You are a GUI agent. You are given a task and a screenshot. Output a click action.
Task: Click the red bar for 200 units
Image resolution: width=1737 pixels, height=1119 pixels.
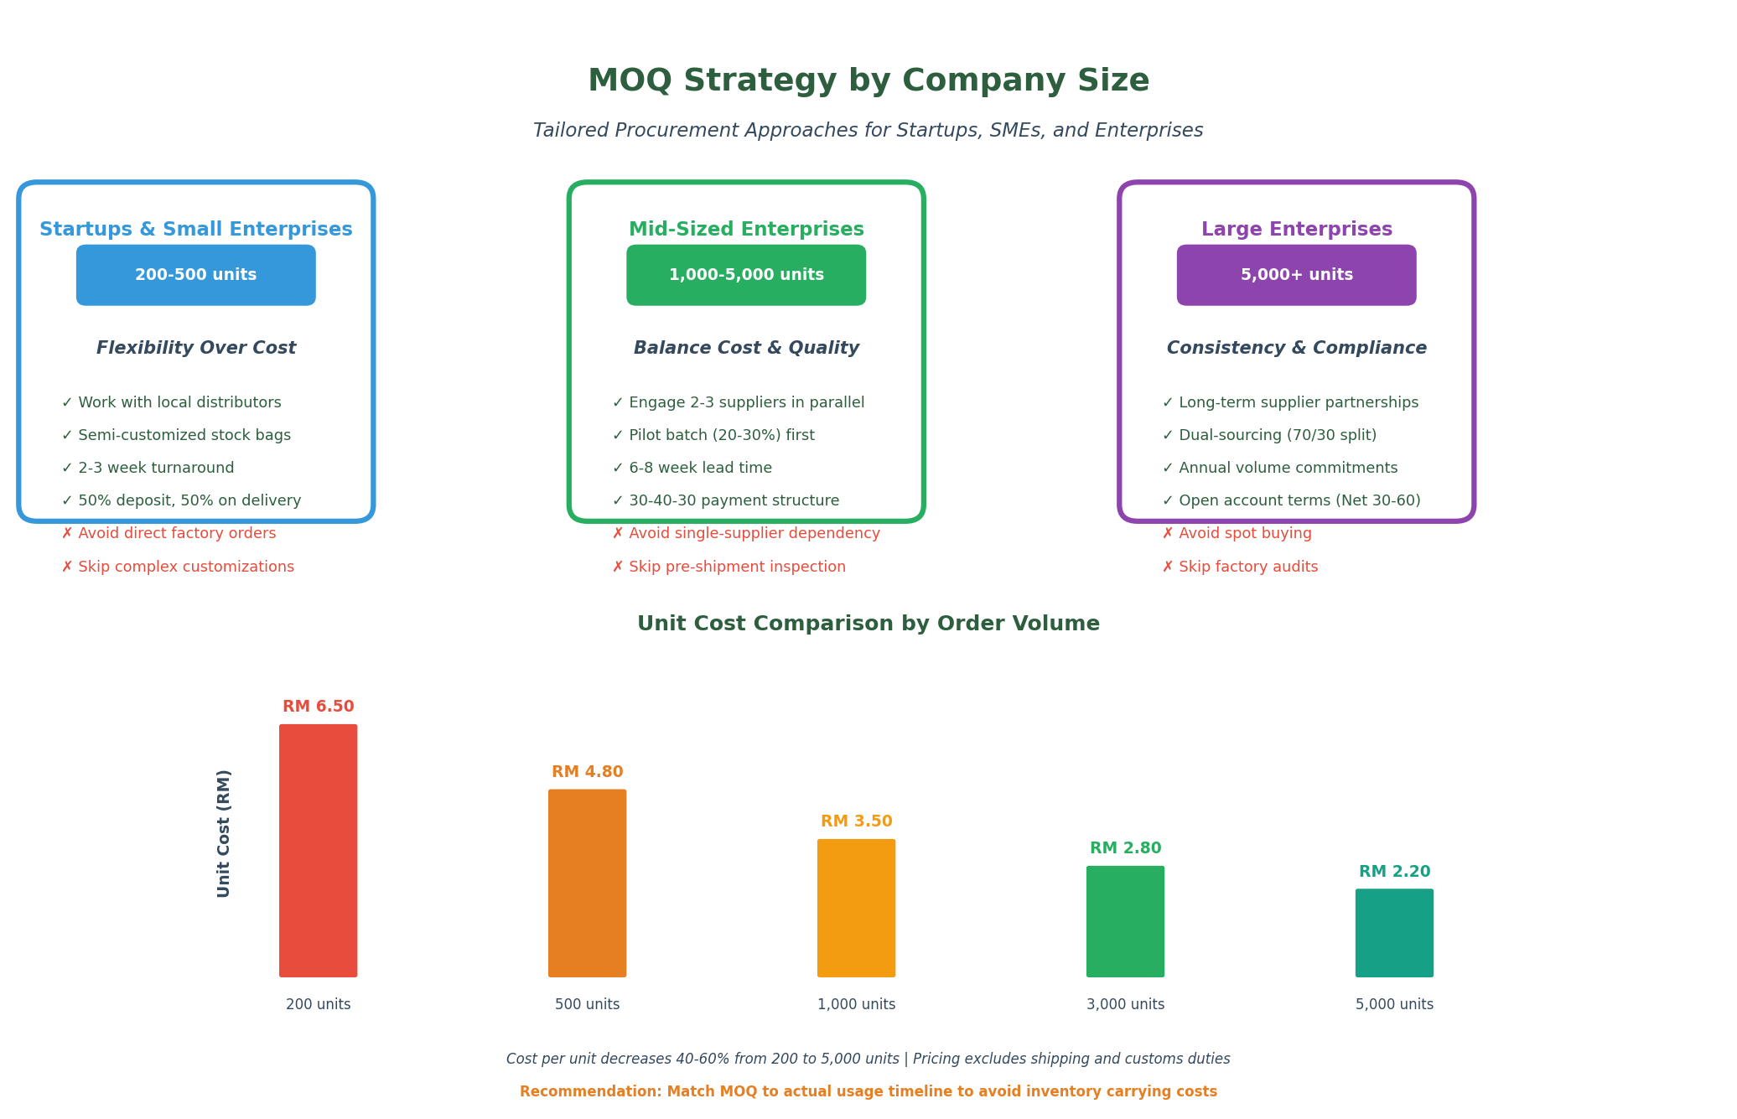[318, 850]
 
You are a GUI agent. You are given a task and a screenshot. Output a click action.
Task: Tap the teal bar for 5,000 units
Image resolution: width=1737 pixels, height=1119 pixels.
[1393, 932]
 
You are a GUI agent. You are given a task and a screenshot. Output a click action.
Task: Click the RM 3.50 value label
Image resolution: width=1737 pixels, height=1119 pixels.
[856, 821]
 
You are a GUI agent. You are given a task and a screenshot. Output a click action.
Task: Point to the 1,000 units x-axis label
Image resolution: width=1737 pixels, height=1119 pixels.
[856, 1004]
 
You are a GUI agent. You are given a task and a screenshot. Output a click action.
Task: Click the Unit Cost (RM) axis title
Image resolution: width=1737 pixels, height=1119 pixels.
[224, 833]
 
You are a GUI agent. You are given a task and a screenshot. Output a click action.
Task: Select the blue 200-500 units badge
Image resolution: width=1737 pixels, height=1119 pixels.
[195, 275]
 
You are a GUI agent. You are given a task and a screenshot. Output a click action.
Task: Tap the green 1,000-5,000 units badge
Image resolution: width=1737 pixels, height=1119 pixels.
[745, 275]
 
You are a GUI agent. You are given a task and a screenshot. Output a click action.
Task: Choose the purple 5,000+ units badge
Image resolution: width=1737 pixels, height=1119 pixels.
[1295, 275]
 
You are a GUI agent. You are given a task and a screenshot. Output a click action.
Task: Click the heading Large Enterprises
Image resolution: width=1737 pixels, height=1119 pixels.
[1296, 230]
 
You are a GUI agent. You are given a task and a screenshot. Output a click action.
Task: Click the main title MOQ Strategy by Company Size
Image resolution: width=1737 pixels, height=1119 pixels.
[868, 81]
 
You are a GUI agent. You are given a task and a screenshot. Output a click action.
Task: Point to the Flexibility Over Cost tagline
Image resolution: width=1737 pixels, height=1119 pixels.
[195, 348]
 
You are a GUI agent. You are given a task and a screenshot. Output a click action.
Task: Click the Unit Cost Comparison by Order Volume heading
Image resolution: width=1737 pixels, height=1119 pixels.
[868, 624]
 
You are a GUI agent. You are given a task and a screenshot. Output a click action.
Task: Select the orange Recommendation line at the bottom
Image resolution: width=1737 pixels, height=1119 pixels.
[868, 1091]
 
